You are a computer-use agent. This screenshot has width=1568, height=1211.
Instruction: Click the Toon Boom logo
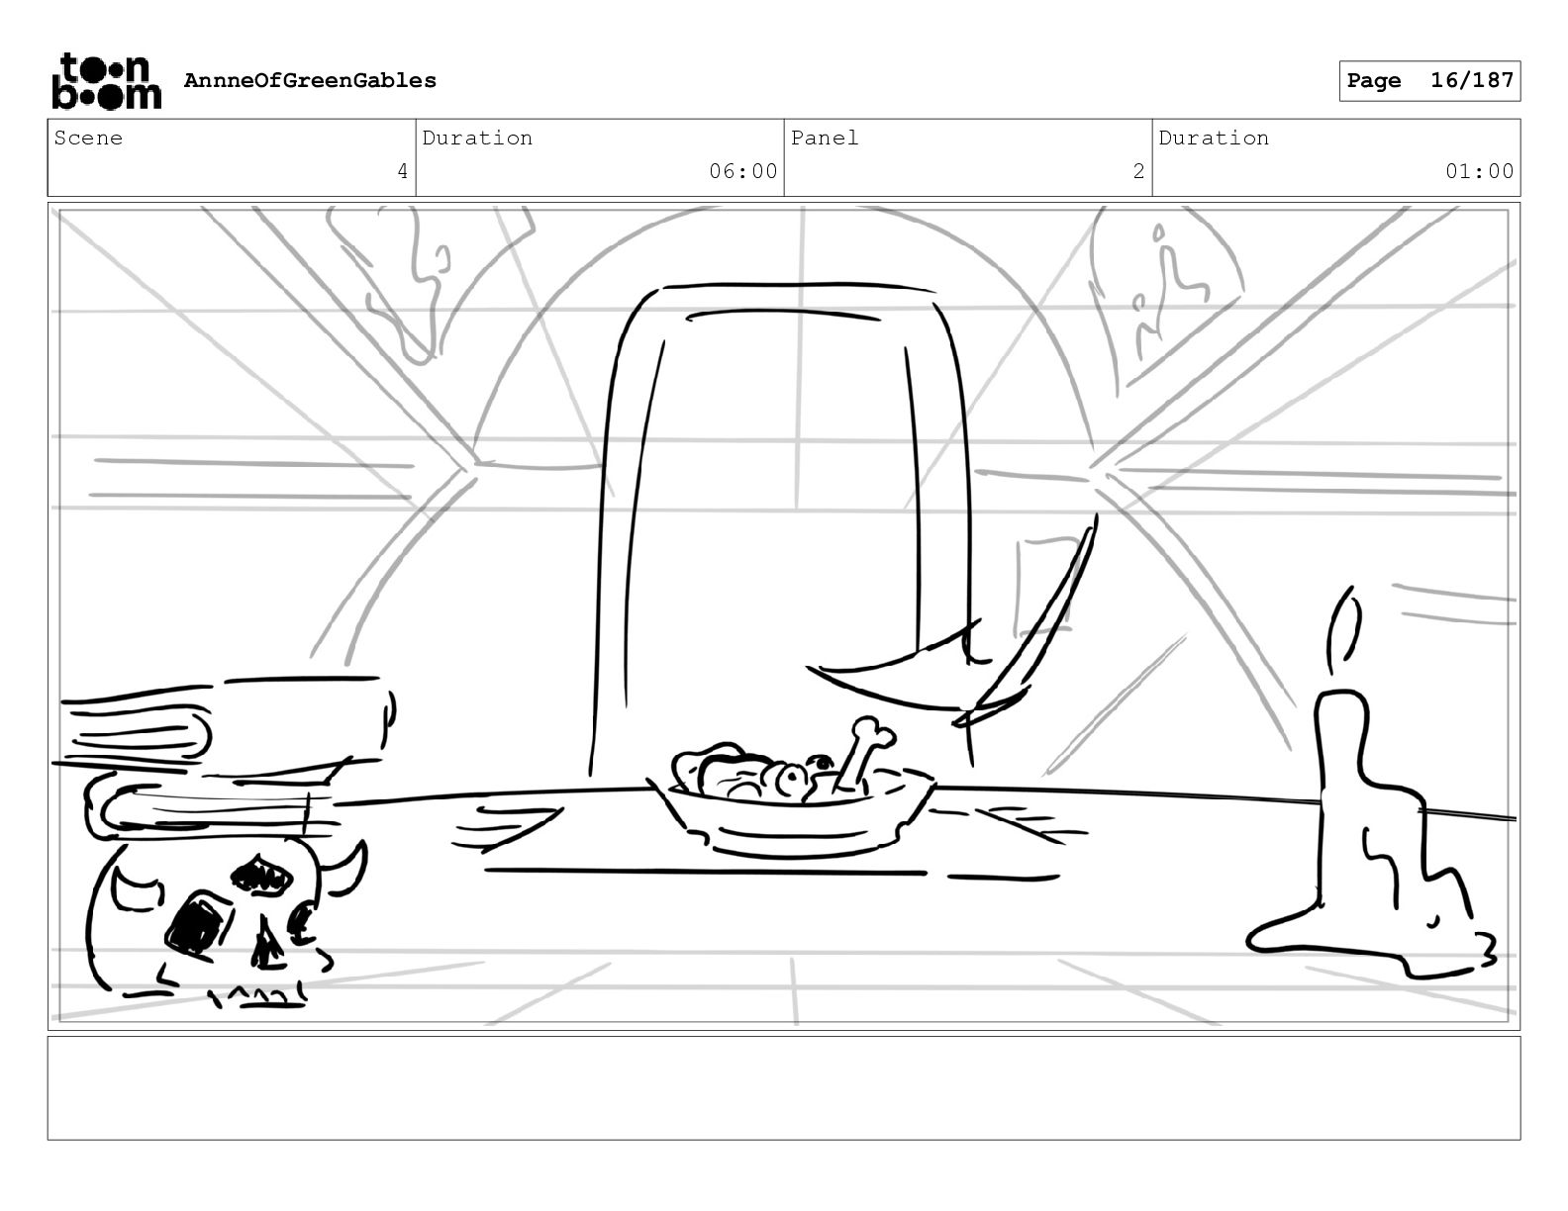[x=106, y=81]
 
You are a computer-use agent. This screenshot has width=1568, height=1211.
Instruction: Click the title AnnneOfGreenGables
[x=310, y=81]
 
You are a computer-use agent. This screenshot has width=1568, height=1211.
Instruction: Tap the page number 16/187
[x=1472, y=81]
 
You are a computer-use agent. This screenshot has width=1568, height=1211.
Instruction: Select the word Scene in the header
[x=88, y=139]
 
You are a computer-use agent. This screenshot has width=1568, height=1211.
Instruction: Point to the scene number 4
[x=402, y=172]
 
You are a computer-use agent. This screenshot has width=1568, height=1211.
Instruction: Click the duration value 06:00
[x=742, y=172]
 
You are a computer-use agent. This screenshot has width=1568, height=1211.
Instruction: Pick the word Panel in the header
[x=825, y=139]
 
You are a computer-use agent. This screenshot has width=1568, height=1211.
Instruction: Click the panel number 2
[x=1138, y=172]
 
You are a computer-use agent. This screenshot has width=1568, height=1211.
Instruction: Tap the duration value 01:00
[x=1479, y=172]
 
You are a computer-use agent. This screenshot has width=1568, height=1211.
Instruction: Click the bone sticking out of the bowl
[x=861, y=751]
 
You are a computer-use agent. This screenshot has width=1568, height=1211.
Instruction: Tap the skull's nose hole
[x=266, y=945]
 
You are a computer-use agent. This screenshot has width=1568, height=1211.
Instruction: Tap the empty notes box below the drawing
[x=783, y=1087]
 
